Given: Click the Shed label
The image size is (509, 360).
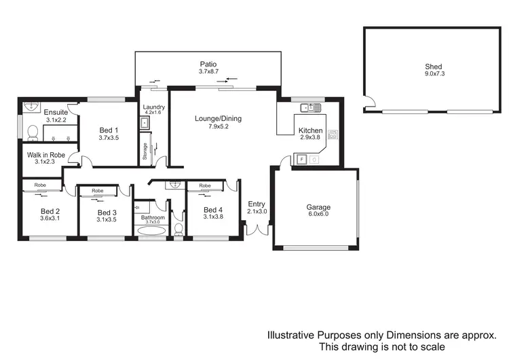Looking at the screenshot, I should [x=433, y=67].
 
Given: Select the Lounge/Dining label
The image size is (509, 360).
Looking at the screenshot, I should [x=218, y=119].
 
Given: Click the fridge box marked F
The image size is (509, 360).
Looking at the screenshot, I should [x=302, y=160].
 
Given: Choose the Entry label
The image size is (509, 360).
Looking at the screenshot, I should [x=256, y=204].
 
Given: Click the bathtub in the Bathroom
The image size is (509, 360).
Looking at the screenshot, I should [x=151, y=231].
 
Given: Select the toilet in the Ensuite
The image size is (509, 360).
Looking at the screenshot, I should [x=31, y=132].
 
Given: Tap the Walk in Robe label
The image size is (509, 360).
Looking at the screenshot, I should [x=45, y=155].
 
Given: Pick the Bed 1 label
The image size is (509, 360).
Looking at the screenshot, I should [x=109, y=130].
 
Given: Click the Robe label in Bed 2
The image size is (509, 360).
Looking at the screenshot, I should [x=40, y=184].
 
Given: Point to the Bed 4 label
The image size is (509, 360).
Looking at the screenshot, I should [x=212, y=210].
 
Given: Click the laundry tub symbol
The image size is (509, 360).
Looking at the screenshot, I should [x=145, y=123].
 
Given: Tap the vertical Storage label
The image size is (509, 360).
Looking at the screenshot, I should [x=145, y=152].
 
